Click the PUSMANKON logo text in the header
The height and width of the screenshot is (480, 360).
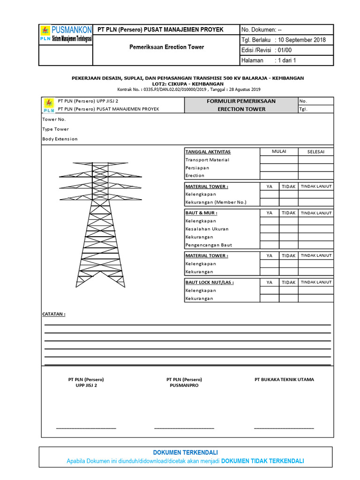tap(71, 30)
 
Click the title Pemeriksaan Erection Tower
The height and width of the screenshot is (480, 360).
tap(166, 47)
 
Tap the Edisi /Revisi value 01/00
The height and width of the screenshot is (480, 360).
tap(286, 50)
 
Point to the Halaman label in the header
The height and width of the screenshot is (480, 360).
tap(252, 60)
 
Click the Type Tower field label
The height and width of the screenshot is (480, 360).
tap(55, 129)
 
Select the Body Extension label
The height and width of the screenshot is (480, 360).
tap(60, 139)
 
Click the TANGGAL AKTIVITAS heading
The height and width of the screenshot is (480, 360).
tap(208, 152)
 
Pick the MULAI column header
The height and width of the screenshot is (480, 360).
tap(279, 151)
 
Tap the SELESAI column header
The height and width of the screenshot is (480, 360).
tap(316, 152)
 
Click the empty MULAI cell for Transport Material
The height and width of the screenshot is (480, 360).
tap(279, 160)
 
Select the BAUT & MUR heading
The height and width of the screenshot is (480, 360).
tap(201, 213)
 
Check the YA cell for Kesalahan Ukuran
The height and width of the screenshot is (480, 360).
tap(270, 229)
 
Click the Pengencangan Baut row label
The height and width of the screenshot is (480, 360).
tap(208, 245)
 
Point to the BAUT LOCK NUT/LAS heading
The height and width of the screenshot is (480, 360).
tap(209, 282)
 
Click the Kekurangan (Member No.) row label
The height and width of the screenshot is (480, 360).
tap(215, 202)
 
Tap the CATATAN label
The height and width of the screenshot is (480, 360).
tap(54, 314)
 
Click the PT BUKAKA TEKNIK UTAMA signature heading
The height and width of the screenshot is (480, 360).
tap(284, 379)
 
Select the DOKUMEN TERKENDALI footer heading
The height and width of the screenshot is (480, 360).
tap(185, 452)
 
